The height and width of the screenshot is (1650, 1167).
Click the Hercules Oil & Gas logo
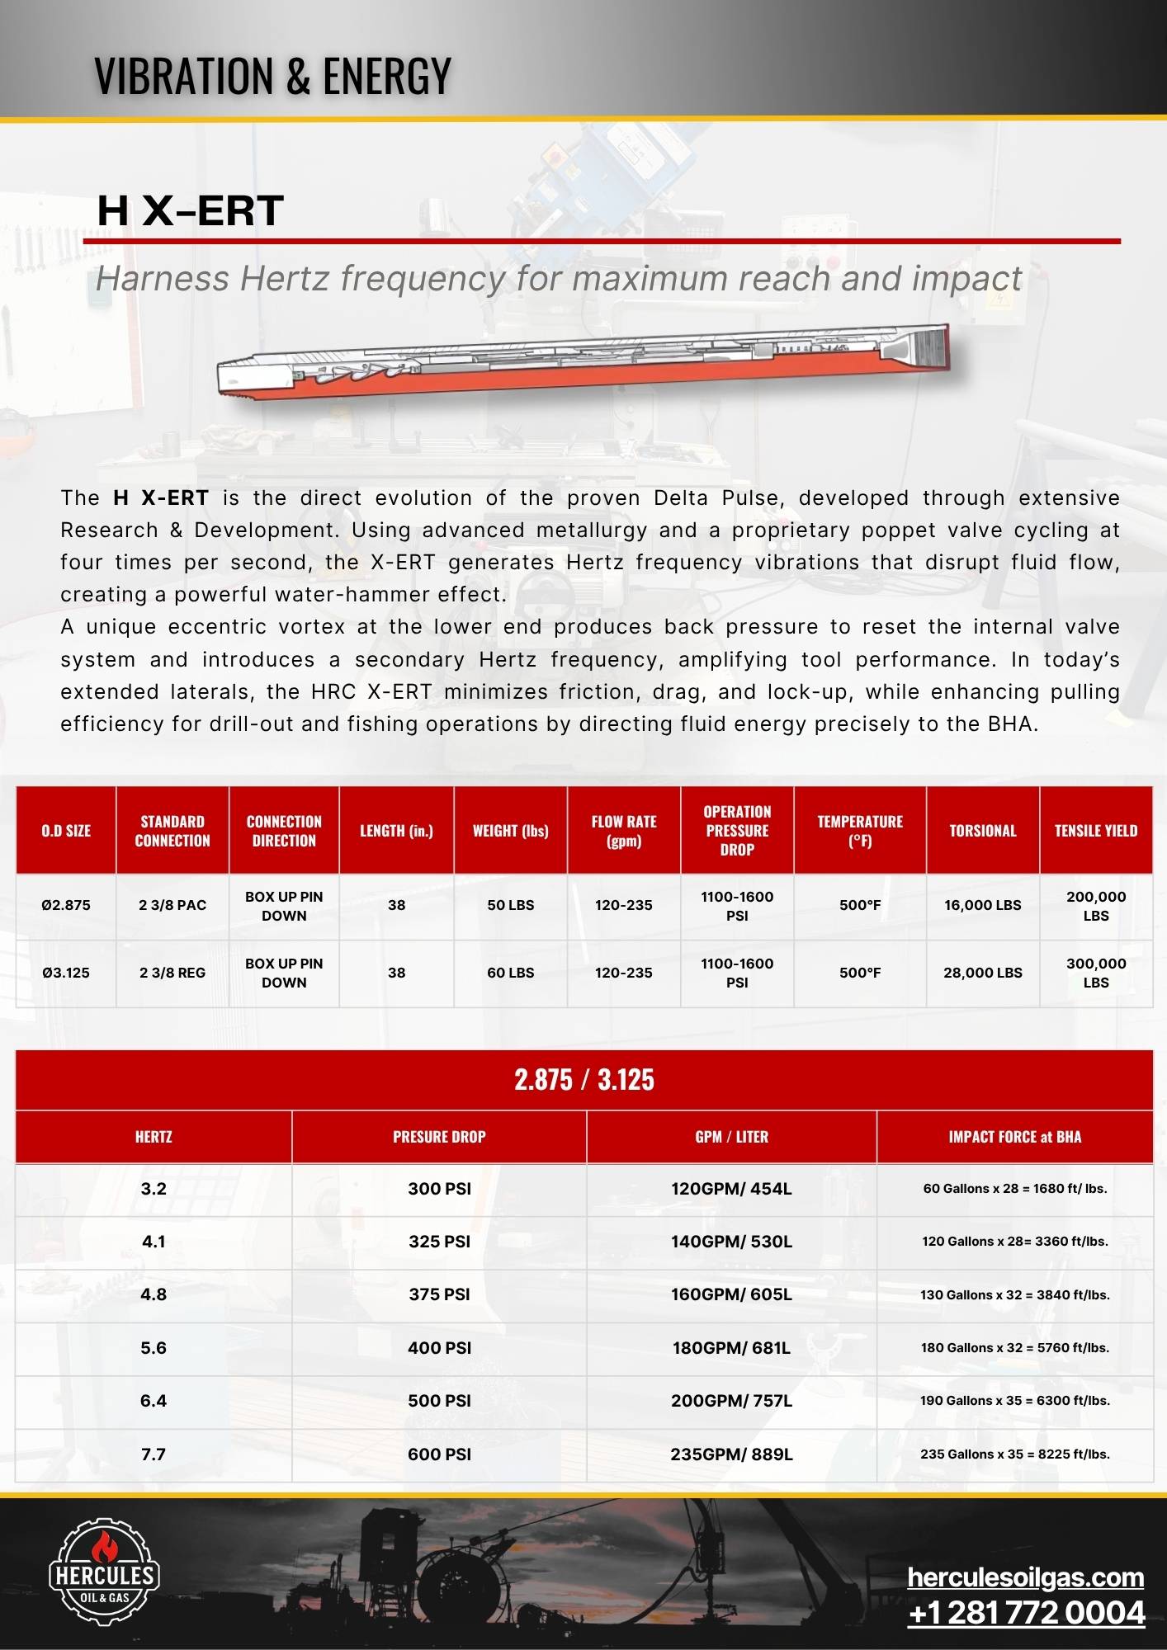104,1572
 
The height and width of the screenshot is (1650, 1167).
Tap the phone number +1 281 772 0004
1026,1612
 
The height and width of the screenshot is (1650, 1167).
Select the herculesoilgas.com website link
1025,1577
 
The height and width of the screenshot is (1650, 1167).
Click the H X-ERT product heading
190,210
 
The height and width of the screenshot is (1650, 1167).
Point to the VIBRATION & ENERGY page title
272,76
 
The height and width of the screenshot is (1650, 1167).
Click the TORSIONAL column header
982,831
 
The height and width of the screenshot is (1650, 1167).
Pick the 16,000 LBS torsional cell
982,905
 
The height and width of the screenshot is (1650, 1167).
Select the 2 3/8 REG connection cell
172,973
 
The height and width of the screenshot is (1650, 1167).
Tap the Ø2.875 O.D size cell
66,905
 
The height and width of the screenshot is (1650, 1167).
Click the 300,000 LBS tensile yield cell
1095,973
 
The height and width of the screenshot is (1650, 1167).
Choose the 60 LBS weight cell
510,973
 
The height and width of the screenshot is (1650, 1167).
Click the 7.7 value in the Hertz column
154,1454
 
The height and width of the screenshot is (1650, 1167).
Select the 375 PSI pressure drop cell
439,1294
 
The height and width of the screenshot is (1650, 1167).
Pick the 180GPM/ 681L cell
731,1347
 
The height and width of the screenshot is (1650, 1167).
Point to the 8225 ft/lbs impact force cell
1014,1454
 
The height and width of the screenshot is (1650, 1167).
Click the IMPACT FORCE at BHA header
1014,1137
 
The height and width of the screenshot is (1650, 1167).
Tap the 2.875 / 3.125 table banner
583,1079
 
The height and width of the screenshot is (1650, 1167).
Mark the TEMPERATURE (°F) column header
859,831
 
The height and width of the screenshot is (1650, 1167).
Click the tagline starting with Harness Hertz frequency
558,279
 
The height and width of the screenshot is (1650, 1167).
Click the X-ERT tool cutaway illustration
583,363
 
